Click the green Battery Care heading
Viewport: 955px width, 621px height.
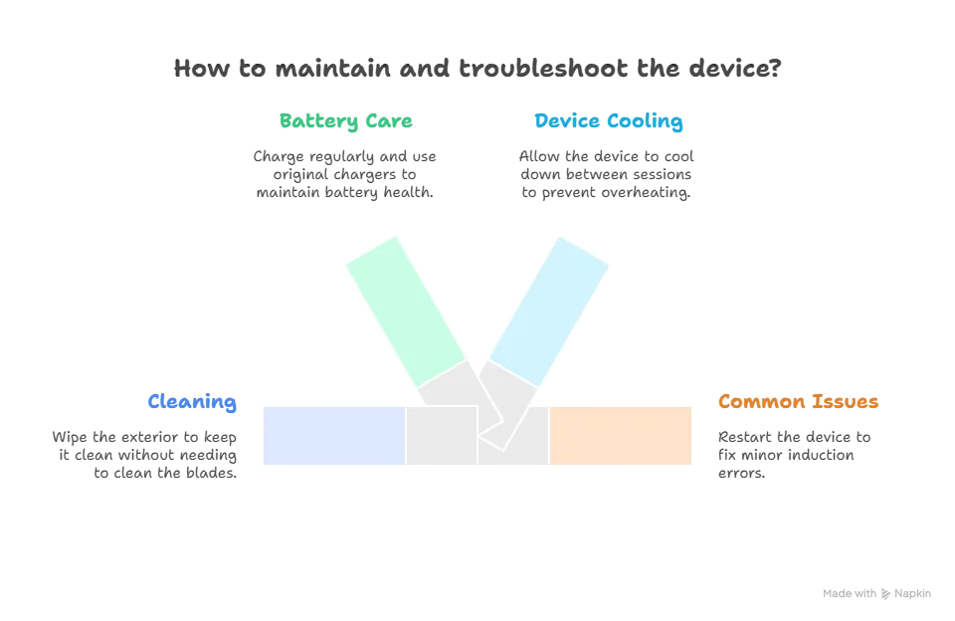coord(345,122)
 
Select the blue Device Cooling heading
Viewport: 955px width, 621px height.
coord(608,122)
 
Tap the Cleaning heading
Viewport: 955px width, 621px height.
coord(192,403)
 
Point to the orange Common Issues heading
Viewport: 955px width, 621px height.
coord(798,403)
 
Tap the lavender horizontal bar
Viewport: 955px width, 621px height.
coord(333,436)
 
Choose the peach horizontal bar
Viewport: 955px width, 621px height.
coord(620,436)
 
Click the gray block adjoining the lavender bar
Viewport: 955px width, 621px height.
coord(440,436)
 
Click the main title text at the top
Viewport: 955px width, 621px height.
coord(477,70)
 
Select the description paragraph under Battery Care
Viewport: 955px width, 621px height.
coord(345,174)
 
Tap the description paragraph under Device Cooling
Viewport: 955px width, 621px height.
coord(606,175)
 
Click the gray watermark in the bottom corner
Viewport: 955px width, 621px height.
coord(875,593)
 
